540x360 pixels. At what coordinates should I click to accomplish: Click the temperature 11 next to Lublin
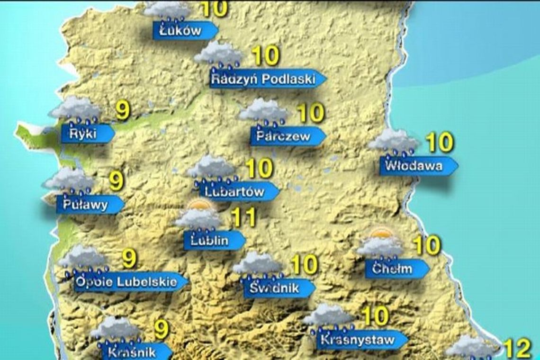click(243, 217)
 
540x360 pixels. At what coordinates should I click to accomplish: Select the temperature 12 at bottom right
click(517, 350)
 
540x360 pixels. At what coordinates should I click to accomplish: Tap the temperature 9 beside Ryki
click(123, 111)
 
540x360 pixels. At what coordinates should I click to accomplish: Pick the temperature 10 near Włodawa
click(440, 143)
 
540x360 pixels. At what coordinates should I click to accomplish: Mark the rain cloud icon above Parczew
click(263, 113)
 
